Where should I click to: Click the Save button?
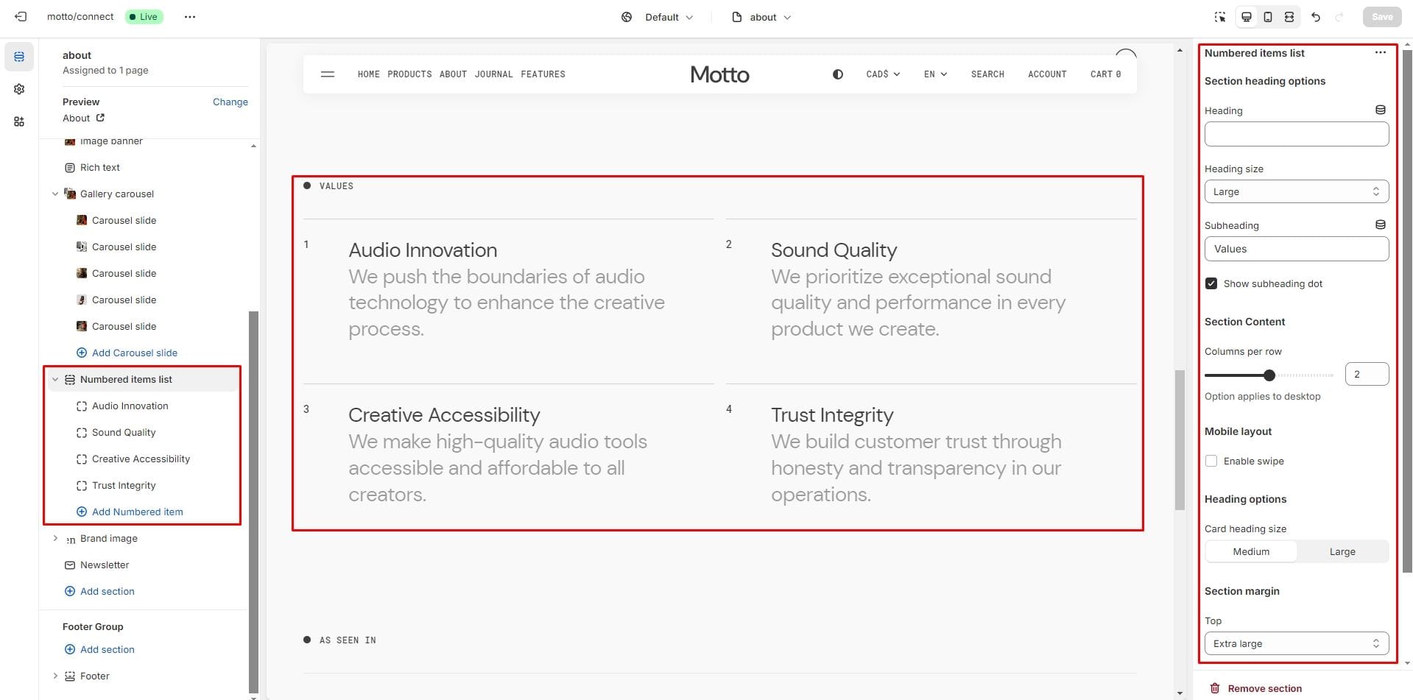(x=1381, y=17)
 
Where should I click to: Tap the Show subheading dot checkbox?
(x=1211, y=283)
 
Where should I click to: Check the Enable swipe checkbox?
(x=1211, y=461)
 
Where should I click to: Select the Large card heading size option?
(x=1342, y=551)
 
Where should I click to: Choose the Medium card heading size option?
(x=1251, y=551)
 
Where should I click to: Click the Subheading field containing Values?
(x=1296, y=249)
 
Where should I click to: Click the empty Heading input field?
(x=1296, y=134)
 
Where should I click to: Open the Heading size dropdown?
(x=1296, y=191)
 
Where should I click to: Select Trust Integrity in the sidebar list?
(x=124, y=485)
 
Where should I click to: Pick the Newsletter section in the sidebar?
(x=105, y=565)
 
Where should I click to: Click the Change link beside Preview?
(x=230, y=102)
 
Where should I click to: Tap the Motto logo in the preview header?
(x=719, y=74)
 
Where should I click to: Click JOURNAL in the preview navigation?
(x=493, y=74)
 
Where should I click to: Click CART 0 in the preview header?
(x=1105, y=74)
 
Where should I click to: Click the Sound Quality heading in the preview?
(x=834, y=250)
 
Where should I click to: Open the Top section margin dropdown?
(x=1296, y=643)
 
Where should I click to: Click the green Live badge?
(x=144, y=17)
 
